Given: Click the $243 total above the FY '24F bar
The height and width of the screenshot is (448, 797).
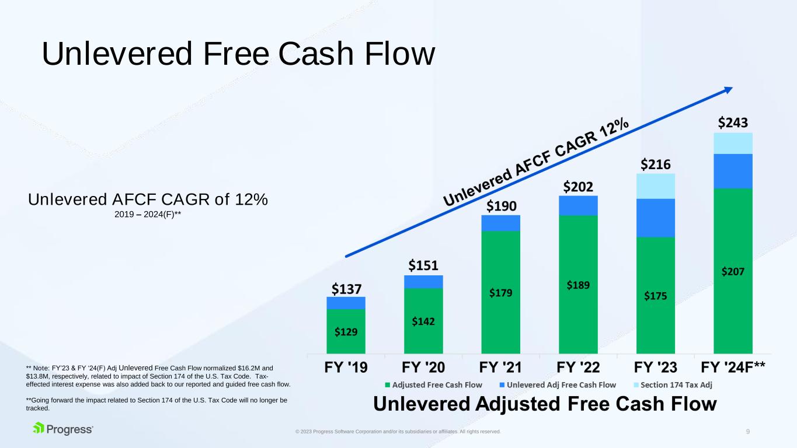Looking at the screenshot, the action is pyautogui.click(x=733, y=123).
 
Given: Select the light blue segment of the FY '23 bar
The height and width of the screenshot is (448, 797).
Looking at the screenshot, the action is pyautogui.click(x=655, y=186).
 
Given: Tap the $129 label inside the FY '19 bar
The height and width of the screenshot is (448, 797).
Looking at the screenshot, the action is pyautogui.click(x=346, y=332).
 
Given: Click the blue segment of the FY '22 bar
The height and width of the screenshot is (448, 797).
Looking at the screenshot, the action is pyautogui.click(x=578, y=205).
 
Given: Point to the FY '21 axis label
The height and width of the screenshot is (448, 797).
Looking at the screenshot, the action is pyautogui.click(x=500, y=367).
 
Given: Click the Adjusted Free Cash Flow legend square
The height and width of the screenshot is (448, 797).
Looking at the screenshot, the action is pyautogui.click(x=388, y=385).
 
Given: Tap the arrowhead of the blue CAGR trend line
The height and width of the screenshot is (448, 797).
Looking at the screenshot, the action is pyautogui.click(x=728, y=90).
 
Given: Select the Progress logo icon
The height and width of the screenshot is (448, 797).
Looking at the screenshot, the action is pyautogui.click(x=39, y=428).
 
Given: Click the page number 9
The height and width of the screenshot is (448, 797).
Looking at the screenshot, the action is pyautogui.click(x=748, y=432).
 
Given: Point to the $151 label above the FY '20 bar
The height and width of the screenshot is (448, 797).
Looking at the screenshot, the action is pyautogui.click(x=423, y=265).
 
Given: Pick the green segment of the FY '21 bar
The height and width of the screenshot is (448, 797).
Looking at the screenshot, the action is pyautogui.click(x=500, y=292).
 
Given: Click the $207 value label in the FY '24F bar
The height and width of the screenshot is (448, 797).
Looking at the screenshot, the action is pyautogui.click(x=733, y=272).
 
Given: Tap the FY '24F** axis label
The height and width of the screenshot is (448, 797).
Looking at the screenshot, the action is pyautogui.click(x=733, y=367).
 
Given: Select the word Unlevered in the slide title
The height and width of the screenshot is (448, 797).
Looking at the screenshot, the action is pyautogui.click(x=117, y=54).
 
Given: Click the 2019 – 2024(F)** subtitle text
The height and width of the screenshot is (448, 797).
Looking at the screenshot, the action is pyautogui.click(x=148, y=215).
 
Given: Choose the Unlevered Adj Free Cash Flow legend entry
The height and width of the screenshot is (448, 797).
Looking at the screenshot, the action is pyautogui.click(x=558, y=385).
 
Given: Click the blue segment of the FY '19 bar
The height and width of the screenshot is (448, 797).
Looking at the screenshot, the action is pyautogui.click(x=346, y=303).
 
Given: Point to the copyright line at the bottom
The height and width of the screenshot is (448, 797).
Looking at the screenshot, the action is pyautogui.click(x=398, y=432).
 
